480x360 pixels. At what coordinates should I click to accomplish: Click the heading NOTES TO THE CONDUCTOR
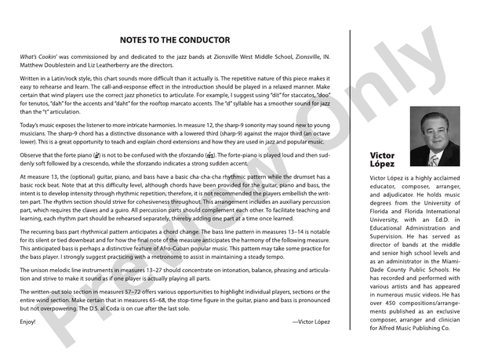tap(174, 39)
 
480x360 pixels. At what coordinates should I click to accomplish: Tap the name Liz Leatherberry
tap(118, 67)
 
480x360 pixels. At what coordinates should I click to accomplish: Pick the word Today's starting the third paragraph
tap(30, 125)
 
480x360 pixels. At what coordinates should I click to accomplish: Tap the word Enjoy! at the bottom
tap(28, 322)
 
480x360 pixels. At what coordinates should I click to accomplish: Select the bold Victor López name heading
tap(383, 161)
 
